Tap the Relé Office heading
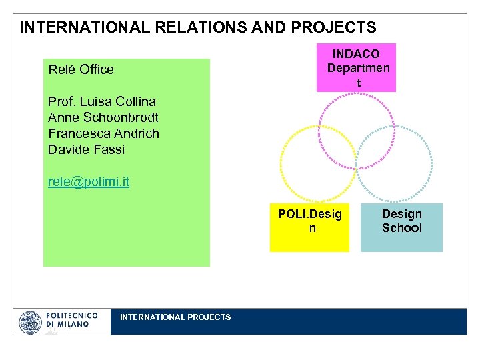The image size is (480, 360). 81,69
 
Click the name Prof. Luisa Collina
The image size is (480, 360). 102,101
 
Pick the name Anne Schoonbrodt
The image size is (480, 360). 103,117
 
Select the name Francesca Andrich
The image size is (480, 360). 103,133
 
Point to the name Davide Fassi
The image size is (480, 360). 86,149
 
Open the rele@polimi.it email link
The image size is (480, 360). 89,181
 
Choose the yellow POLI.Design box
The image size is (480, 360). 309,227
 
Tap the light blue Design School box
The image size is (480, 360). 401,227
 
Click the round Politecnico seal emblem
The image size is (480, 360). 31,323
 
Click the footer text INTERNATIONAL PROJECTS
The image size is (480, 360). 175,317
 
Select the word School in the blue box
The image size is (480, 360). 401,228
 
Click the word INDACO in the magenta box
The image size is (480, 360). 356,53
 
